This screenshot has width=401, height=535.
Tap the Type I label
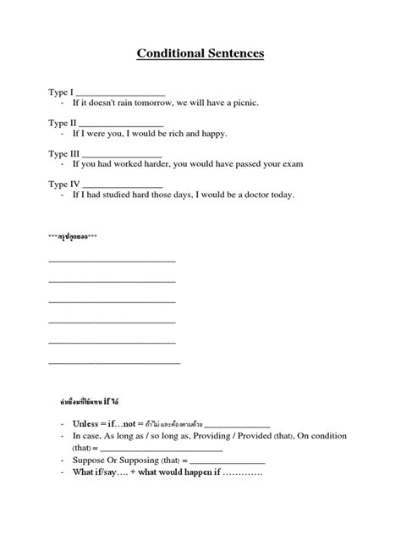tap(62, 91)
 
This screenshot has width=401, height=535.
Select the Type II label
tap(63, 123)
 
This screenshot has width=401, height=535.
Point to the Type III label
tap(65, 153)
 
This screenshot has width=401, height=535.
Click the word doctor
tap(251, 195)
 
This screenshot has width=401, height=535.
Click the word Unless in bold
tap(86, 423)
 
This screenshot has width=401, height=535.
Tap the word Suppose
tap(91, 461)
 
